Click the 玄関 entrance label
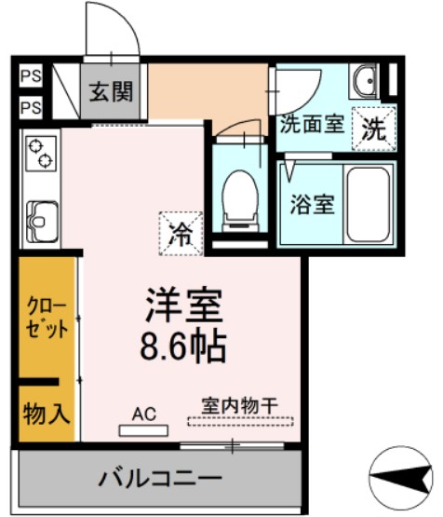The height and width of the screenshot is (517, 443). coord(110,91)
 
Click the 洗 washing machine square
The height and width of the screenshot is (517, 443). coord(374,128)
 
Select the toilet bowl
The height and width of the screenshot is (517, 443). coord(241,198)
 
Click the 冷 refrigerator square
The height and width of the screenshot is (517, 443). coord(181,232)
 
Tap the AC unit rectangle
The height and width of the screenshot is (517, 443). coord(144,429)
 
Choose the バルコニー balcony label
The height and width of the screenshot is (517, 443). coord(159,480)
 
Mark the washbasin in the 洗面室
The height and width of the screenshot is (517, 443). coord(364,83)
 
